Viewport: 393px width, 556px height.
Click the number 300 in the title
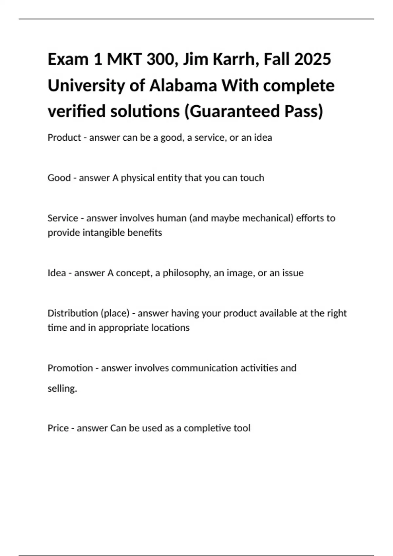[x=159, y=59]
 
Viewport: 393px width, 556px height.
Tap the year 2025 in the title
[x=312, y=59]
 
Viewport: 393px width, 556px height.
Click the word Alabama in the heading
[x=183, y=85]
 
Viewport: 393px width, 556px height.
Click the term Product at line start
[x=64, y=138]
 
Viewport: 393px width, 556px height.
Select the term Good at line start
[x=59, y=178]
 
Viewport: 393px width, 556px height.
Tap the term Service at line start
[x=63, y=218]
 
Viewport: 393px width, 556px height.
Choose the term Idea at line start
[x=57, y=273]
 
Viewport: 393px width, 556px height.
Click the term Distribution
[x=73, y=313]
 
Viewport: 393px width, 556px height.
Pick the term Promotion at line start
[x=70, y=368]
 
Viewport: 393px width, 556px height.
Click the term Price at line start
[x=58, y=428]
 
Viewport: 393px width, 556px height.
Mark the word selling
[x=62, y=389]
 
